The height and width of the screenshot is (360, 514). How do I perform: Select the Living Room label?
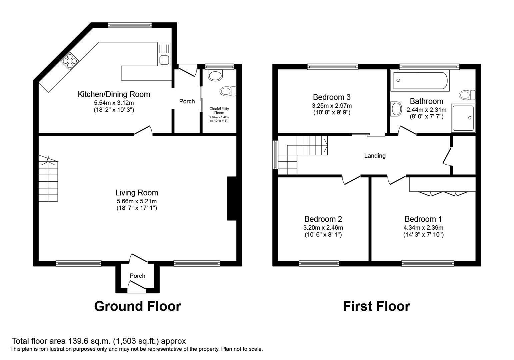[137, 192]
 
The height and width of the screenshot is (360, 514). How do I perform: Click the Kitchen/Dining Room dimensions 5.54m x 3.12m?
[114, 103]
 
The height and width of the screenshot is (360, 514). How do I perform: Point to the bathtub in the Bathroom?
[421, 80]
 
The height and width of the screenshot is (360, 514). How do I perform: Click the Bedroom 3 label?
[332, 97]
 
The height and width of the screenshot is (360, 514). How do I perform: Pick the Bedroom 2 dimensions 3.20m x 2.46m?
[323, 228]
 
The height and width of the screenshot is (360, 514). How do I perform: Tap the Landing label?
[375, 156]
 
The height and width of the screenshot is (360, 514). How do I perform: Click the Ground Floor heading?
[137, 306]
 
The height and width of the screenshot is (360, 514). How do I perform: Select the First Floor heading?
[376, 306]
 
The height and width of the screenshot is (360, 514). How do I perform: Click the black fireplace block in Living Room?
[231, 198]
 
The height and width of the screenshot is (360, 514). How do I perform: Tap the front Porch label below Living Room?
[137, 276]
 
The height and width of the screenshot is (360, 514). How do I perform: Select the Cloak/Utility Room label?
[219, 111]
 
